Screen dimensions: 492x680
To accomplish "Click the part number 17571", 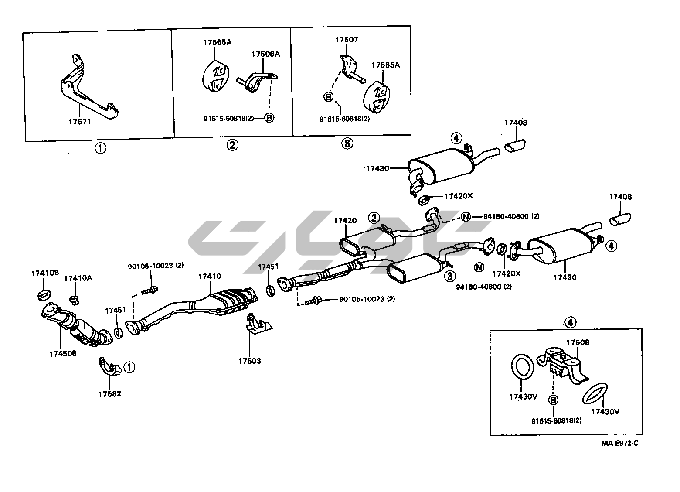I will click(x=79, y=122).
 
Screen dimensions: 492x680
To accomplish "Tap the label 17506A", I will click(x=265, y=54).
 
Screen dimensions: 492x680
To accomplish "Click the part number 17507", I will click(x=347, y=40).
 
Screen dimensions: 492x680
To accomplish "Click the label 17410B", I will click(x=44, y=273).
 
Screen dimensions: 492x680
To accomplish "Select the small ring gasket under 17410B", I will click(x=44, y=294).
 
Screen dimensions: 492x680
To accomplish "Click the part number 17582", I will click(x=109, y=394).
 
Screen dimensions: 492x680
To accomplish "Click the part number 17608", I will click(x=578, y=342).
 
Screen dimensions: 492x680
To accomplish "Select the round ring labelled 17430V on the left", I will click(x=522, y=366).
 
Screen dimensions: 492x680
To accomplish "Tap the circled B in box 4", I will click(x=553, y=400).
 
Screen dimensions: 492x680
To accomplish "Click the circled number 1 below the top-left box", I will click(x=100, y=148).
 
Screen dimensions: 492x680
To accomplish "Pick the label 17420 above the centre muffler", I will click(x=345, y=221).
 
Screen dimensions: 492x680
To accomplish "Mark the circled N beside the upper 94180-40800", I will click(x=466, y=216).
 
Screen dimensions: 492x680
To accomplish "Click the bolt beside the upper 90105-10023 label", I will click(x=150, y=289).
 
